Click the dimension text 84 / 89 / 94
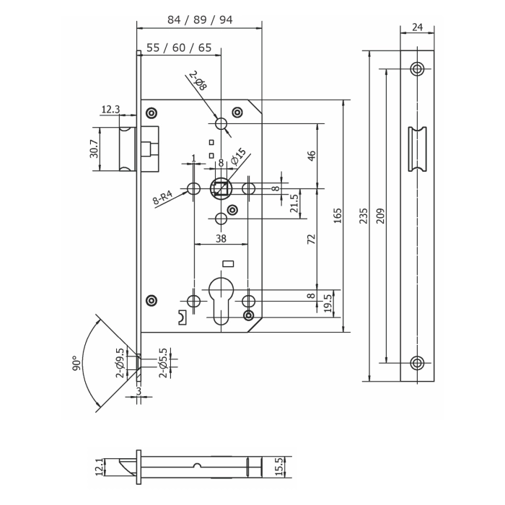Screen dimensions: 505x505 200,19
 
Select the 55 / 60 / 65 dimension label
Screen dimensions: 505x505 179,48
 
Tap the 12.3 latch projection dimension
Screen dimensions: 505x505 110,110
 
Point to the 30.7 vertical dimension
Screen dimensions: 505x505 94,149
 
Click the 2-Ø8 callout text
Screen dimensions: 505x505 198,81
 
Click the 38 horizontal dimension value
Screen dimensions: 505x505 220,238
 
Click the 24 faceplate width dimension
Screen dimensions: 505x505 417,27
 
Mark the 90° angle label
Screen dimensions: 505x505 76,363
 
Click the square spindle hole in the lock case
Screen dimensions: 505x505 221,189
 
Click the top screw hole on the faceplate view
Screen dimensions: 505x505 417,69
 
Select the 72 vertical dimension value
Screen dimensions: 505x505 312,239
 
